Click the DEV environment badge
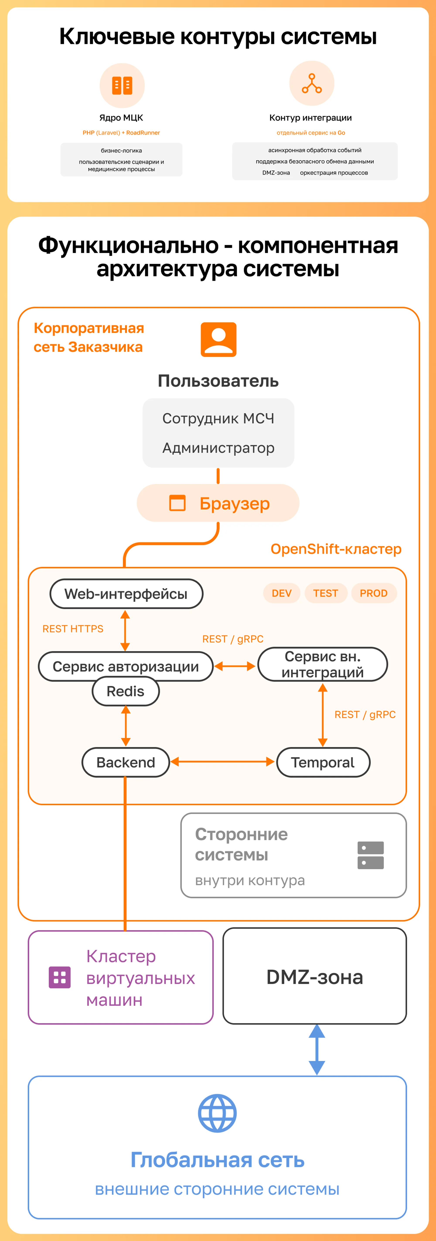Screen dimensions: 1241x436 281,593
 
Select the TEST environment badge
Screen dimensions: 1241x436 326,593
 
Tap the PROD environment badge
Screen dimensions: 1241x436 374,593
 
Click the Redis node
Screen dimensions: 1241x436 125,691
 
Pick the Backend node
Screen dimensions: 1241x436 126,762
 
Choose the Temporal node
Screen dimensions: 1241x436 323,762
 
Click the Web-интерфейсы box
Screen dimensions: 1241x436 126,594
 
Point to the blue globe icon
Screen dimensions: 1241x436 217,1113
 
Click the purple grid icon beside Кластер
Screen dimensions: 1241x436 60,977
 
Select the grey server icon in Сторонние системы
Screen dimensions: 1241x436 370,855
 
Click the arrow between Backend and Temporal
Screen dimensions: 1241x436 222,762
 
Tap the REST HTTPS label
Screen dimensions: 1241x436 73,629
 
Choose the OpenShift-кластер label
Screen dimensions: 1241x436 336,549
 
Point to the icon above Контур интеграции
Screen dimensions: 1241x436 312,83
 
